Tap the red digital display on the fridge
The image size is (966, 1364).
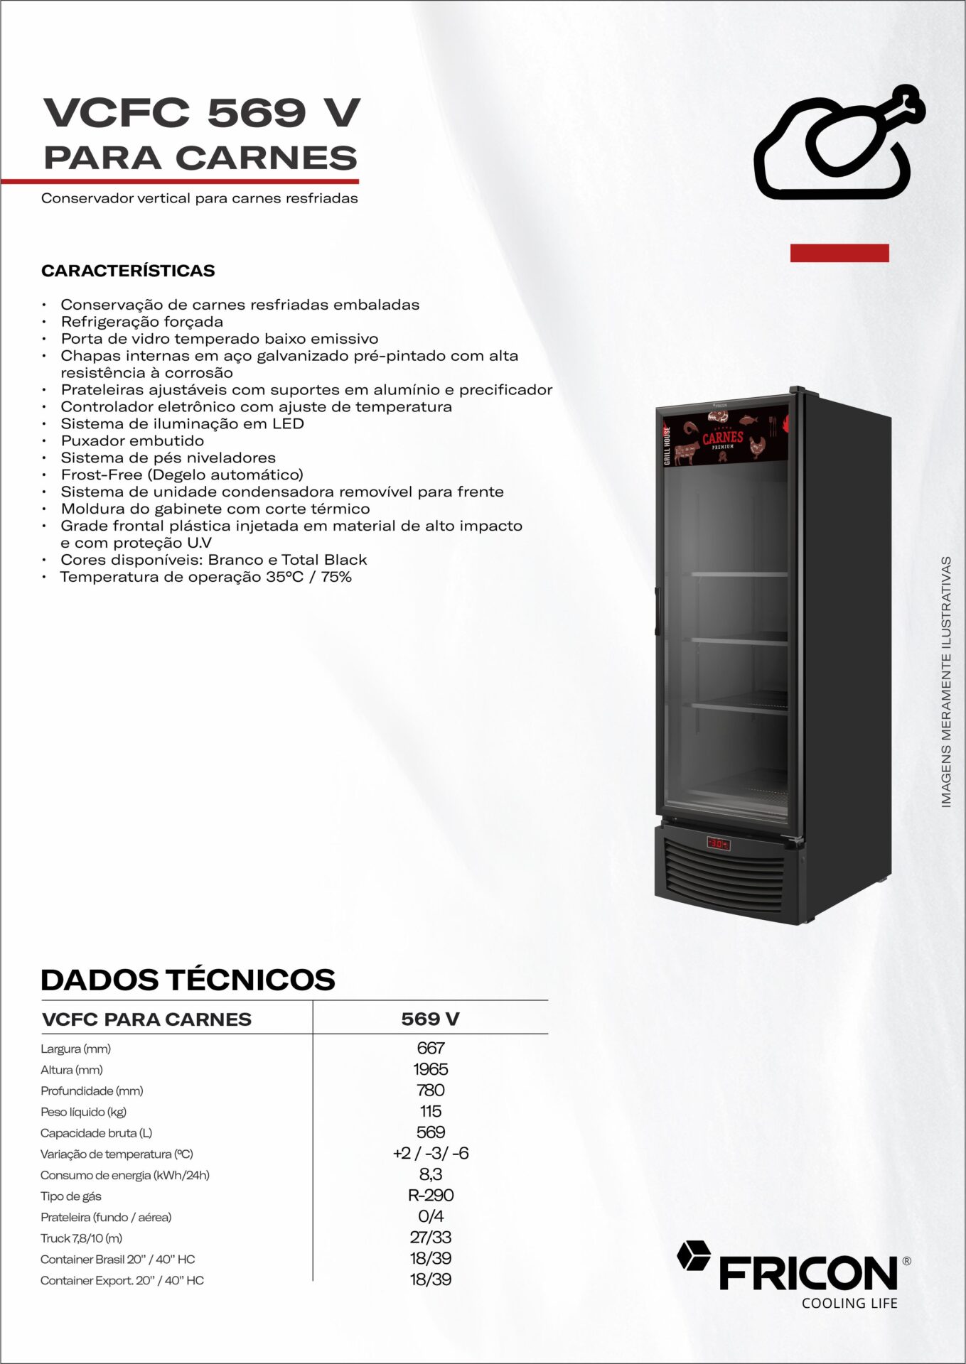click(718, 844)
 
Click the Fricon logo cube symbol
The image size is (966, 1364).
click(693, 1255)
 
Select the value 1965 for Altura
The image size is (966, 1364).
click(431, 1069)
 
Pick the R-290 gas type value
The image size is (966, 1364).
click(431, 1196)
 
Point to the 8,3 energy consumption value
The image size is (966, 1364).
click(431, 1174)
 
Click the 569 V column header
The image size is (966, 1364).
click(430, 1019)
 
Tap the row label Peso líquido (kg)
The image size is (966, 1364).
click(83, 1112)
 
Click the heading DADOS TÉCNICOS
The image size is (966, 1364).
click(188, 980)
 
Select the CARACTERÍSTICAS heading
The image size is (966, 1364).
click(128, 271)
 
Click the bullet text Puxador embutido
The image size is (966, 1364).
click(132, 440)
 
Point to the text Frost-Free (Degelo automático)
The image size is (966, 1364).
click(182, 475)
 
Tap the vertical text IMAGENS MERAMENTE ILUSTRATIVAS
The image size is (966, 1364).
click(946, 682)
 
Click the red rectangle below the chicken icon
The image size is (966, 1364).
click(839, 253)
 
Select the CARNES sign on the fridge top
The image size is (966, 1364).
click(723, 438)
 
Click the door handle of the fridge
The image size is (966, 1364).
click(658, 611)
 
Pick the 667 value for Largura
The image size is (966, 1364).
click(431, 1048)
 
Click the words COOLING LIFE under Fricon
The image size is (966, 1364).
click(849, 1303)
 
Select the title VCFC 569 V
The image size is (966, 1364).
click(202, 113)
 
